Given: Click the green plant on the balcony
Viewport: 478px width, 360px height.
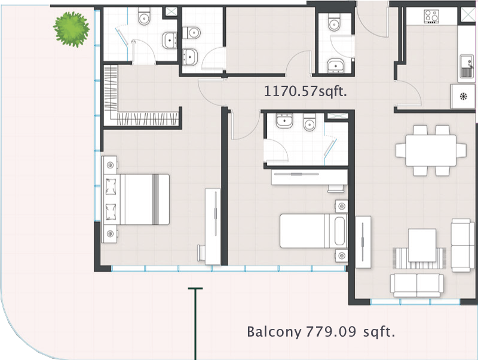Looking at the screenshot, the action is [71, 29].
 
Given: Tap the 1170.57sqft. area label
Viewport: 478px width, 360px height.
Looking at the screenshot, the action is [305, 91].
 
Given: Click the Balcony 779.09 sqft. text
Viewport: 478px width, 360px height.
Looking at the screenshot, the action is [321, 332].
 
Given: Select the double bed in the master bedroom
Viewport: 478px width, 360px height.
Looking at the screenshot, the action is [136, 199].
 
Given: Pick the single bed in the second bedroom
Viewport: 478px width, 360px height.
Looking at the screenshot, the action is [314, 230].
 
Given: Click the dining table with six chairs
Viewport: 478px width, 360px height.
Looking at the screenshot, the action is [431, 150].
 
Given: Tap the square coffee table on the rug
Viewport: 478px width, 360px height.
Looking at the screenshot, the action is [422, 245].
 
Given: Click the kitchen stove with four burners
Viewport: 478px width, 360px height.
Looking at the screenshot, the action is [432, 17].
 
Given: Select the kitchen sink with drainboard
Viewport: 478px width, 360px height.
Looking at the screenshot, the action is [467, 66].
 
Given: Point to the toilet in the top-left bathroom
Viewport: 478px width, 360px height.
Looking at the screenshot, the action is [144, 17].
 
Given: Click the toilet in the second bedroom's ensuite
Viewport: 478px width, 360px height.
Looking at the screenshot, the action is [310, 122].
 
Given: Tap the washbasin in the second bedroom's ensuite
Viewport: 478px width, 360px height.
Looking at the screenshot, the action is [284, 121].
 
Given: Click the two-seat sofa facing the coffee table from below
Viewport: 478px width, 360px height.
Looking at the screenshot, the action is [416, 285].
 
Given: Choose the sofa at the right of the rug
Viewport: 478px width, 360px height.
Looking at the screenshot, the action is [462, 245].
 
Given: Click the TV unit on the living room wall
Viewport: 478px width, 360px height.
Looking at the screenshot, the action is [363, 242].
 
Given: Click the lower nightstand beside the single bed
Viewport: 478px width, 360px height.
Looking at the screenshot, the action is [341, 256].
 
